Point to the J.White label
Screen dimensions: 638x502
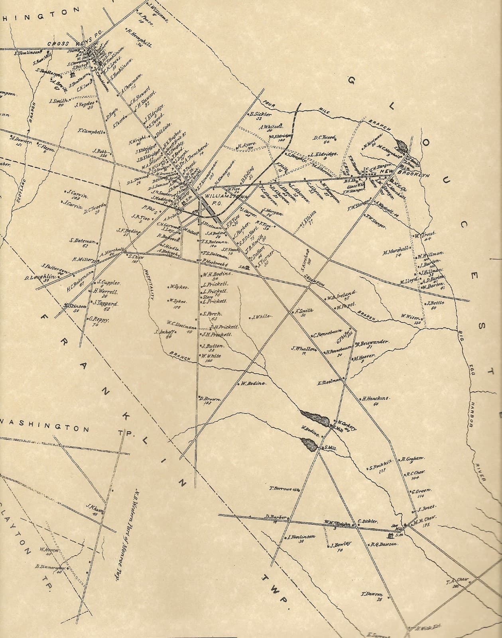pos(262,317)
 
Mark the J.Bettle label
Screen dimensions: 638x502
pos(436,303)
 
